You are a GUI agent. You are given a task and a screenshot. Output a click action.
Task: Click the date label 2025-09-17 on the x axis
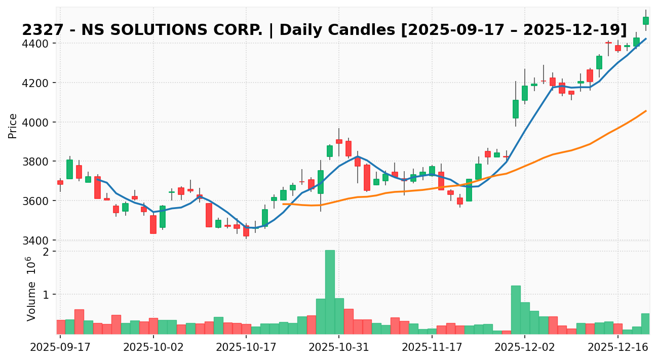click(x=60, y=348)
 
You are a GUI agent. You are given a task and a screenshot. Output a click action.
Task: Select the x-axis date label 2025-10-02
click(x=153, y=348)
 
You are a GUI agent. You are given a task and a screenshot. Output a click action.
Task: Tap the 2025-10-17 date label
click(x=246, y=348)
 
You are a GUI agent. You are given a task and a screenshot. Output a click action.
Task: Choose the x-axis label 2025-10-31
click(x=339, y=348)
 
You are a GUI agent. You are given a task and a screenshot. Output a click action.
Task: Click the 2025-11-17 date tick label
click(x=432, y=348)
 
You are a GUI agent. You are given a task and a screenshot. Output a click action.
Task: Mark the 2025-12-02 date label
click(x=525, y=348)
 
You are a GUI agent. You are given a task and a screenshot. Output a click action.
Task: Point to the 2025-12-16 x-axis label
click(x=617, y=348)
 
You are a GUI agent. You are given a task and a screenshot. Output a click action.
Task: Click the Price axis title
click(x=13, y=126)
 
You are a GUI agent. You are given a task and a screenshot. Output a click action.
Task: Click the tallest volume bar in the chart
click(x=330, y=292)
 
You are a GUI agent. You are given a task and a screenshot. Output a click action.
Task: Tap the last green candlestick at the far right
click(x=645, y=20)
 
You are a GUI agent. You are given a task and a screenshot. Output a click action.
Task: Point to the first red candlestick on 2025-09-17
click(x=60, y=182)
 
